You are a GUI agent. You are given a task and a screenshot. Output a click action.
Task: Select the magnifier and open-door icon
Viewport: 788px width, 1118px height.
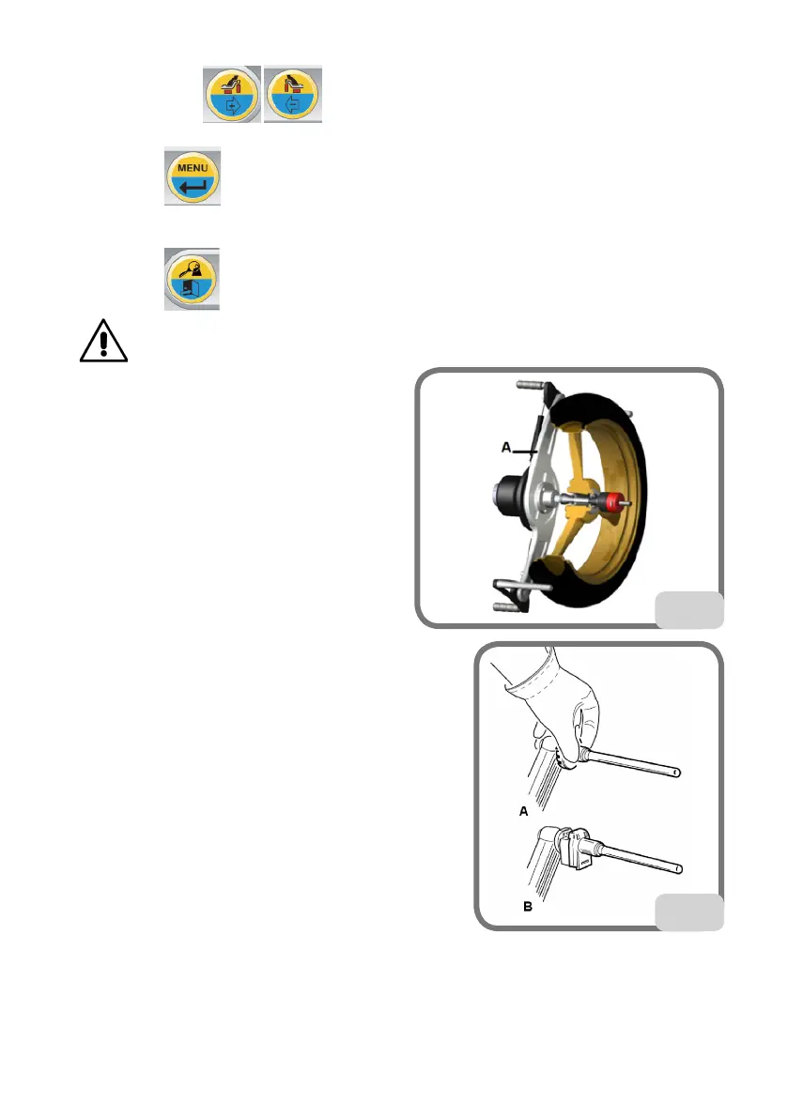192,280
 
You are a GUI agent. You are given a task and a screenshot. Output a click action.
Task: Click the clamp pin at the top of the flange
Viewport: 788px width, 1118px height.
530,387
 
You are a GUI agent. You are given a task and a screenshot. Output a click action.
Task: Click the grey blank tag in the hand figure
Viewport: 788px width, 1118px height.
688,911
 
